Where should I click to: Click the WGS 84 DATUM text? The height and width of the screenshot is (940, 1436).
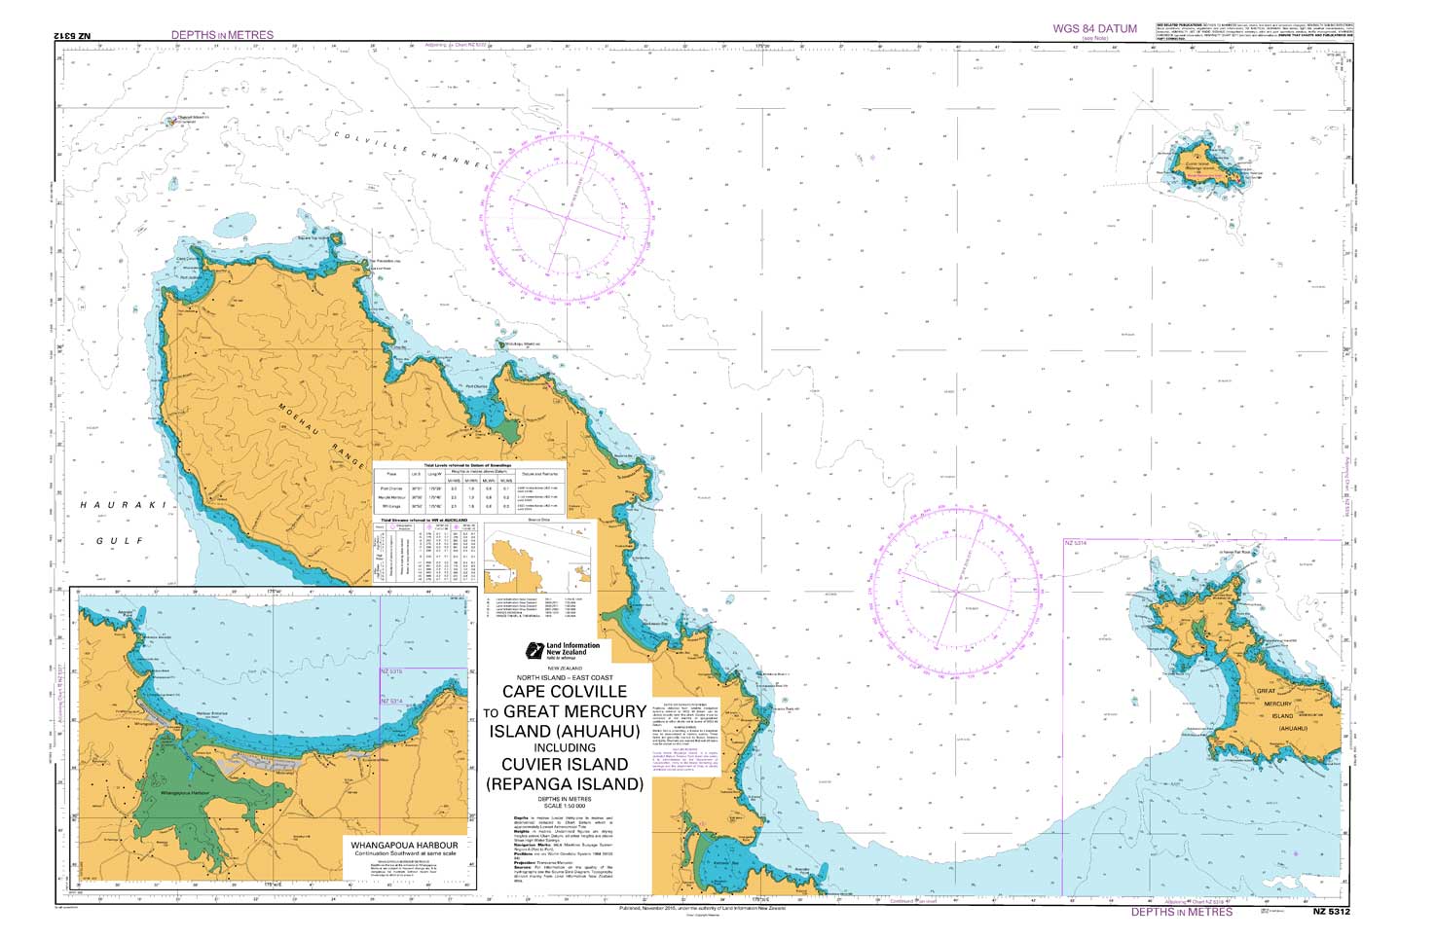[1094, 28]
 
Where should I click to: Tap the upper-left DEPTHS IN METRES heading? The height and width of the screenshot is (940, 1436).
[222, 35]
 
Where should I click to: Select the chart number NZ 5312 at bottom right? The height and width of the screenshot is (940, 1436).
[1331, 912]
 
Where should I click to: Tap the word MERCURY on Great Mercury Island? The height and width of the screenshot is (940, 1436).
[1277, 703]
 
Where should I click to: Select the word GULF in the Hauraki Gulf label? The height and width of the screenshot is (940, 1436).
[126, 540]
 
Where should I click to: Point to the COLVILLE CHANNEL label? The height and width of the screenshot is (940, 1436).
[409, 147]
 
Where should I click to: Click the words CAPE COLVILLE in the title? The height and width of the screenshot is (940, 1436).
[565, 691]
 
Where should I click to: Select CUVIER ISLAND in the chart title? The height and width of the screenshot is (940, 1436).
[565, 765]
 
